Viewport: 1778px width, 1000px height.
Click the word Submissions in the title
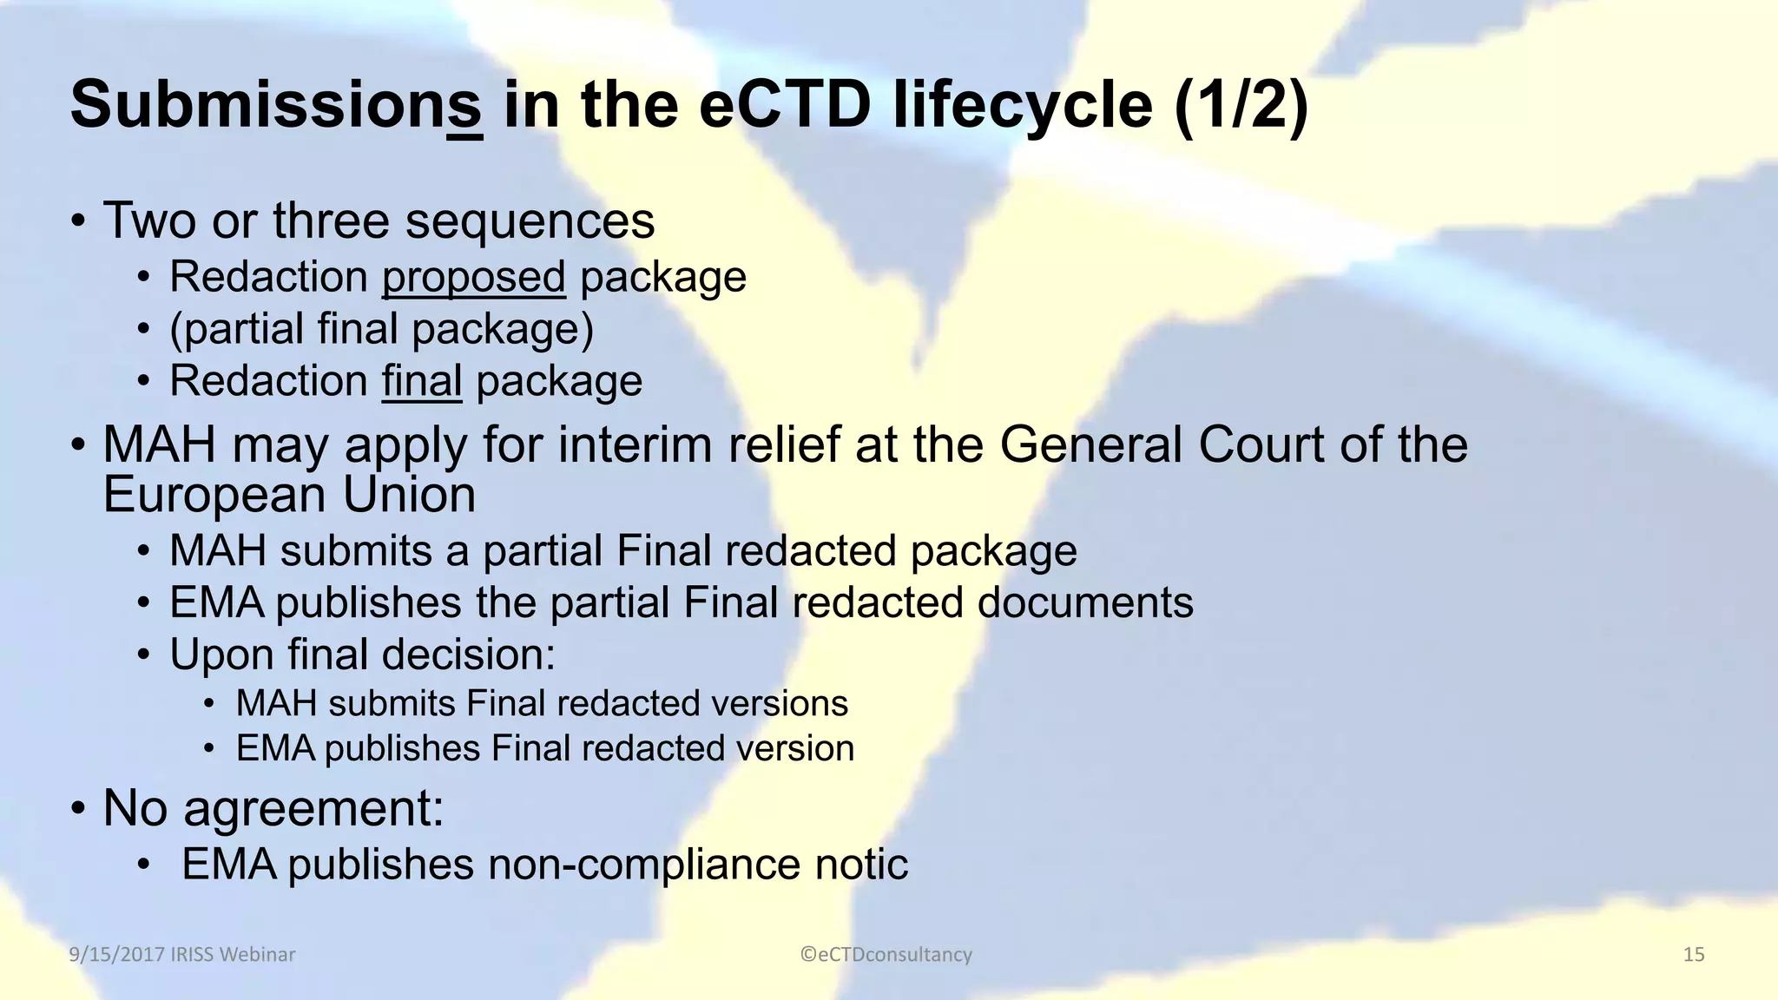coord(276,105)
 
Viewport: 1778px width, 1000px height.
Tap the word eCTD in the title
coord(785,105)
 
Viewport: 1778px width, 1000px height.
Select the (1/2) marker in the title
coord(1241,105)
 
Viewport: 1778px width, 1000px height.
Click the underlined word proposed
coord(473,278)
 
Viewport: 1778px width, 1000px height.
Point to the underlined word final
coord(422,382)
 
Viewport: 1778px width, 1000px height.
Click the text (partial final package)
coord(381,330)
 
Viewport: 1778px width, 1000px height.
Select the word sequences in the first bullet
coord(530,220)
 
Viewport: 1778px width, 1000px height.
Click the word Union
coord(409,495)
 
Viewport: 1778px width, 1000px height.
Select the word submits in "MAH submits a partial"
coord(355,551)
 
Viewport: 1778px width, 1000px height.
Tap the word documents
coord(1085,602)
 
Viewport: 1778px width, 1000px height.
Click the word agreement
coord(313,808)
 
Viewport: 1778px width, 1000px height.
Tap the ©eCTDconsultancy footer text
coord(886,955)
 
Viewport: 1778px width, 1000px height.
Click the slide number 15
coord(1694,955)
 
